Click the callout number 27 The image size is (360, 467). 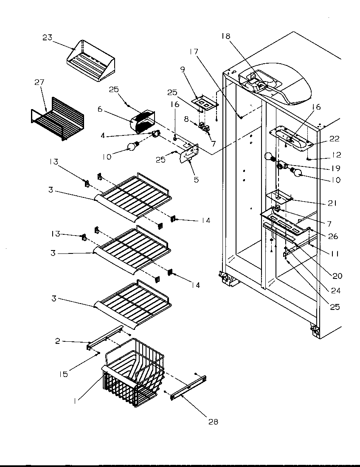(39, 83)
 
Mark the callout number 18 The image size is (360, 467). (225, 36)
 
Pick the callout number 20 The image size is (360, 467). (337, 276)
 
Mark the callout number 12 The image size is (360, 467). (337, 155)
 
